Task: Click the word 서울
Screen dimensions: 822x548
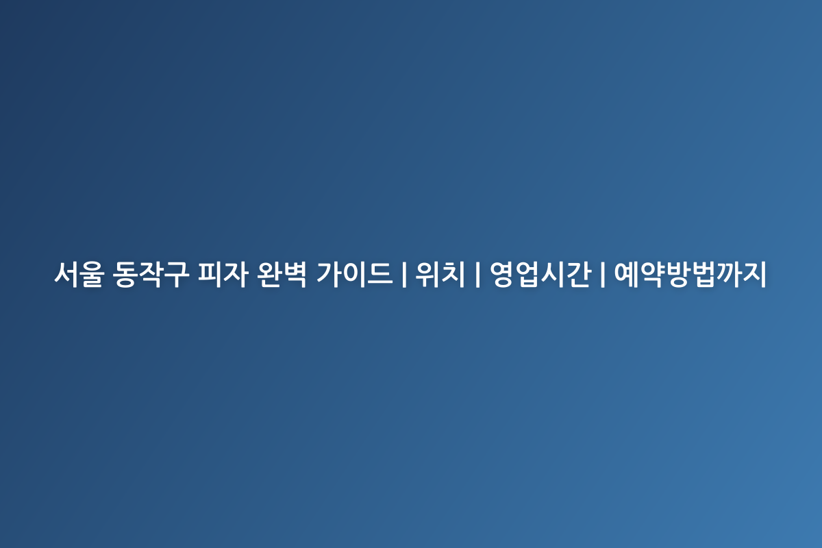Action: (x=79, y=274)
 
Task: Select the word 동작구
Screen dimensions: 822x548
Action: (x=151, y=274)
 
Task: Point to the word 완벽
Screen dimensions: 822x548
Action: (x=282, y=274)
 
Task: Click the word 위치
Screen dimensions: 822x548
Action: (x=440, y=274)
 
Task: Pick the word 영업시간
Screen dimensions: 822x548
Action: (x=540, y=274)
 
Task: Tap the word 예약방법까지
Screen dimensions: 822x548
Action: (x=690, y=274)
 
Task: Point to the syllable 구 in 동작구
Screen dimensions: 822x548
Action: (x=177, y=274)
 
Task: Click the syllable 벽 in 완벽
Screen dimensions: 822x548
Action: (x=295, y=274)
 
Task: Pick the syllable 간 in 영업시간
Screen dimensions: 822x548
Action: (x=579, y=274)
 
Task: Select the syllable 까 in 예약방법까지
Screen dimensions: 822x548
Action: (x=728, y=274)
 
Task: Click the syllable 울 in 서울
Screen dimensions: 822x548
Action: (x=92, y=274)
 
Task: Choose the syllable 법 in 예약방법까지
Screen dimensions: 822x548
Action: (x=703, y=274)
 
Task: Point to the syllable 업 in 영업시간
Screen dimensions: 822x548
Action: (x=528, y=274)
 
